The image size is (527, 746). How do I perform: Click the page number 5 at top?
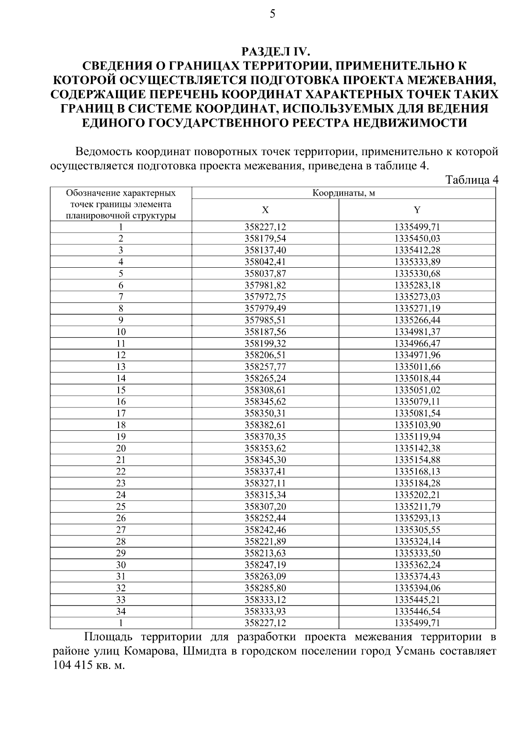click(272, 15)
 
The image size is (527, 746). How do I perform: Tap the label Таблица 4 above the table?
click(472, 180)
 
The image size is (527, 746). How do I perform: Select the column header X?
click(265, 210)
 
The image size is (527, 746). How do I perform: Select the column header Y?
click(417, 210)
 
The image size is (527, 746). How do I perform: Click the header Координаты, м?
click(343, 193)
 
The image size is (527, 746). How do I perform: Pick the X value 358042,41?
click(265, 262)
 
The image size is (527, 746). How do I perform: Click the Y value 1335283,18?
click(417, 285)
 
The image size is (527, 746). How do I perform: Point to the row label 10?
click(121, 332)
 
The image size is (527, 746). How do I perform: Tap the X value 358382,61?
click(265, 425)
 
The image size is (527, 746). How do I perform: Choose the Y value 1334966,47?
click(417, 343)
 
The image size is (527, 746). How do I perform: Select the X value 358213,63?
click(265, 553)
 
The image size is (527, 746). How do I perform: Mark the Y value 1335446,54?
click(417, 611)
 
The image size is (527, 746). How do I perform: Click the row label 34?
click(121, 611)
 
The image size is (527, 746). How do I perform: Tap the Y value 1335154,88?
click(417, 460)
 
